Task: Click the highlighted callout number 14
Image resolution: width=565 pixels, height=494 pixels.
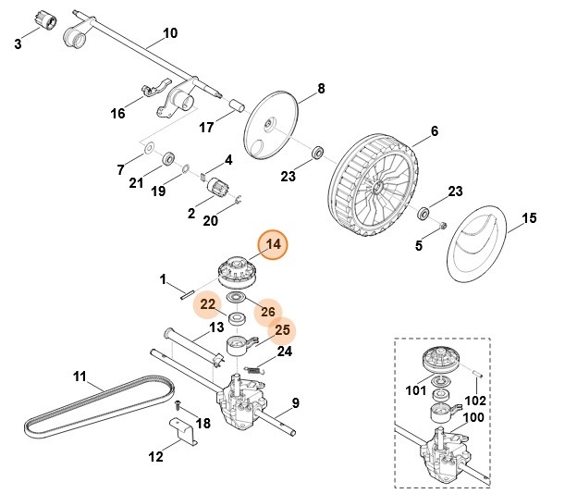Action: coord(273,245)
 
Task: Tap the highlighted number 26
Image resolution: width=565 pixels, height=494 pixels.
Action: coord(267,311)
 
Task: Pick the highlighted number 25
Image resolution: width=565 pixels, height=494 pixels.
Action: coord(284,330)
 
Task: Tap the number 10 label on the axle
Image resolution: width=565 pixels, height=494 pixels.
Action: coord(169,33)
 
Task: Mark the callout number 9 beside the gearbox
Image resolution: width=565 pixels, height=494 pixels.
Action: coord(296,402)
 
